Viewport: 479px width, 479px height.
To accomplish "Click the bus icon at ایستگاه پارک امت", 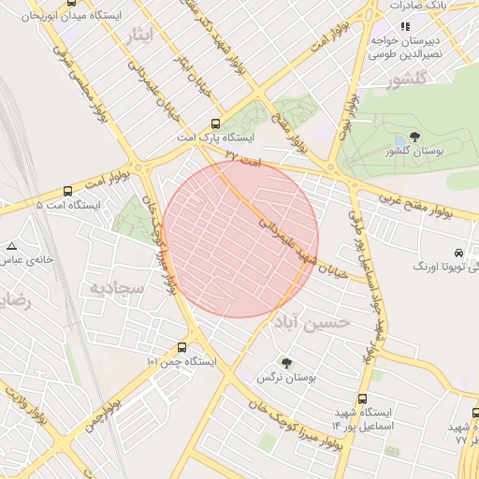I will coord(216,123).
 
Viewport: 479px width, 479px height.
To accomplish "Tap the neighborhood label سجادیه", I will coord(117,288).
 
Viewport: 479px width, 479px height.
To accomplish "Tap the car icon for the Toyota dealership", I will coord(457,254).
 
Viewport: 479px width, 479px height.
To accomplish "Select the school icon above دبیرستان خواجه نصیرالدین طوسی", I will coord(405,26).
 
